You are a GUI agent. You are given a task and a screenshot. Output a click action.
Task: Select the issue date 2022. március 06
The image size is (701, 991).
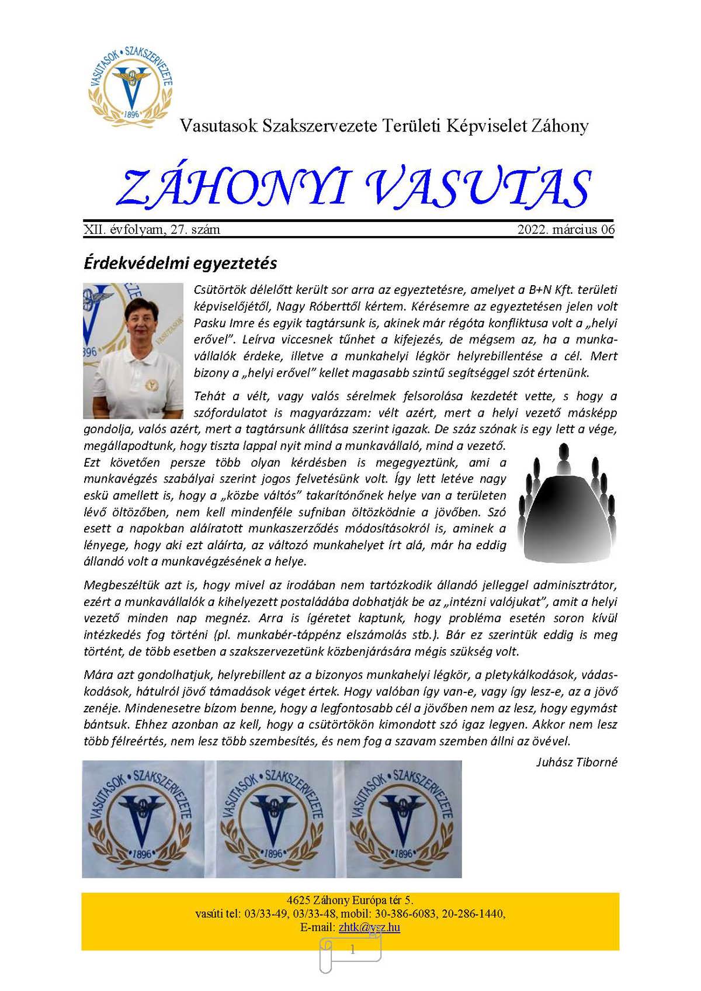565,230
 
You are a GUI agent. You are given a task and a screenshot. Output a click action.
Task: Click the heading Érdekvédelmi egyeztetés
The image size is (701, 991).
180,263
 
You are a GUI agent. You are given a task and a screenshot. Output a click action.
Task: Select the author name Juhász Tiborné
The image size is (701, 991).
576,762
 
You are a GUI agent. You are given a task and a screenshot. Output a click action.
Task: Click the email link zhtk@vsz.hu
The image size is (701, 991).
369,927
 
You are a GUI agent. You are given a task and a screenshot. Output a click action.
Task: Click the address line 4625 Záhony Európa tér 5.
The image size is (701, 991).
350,900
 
